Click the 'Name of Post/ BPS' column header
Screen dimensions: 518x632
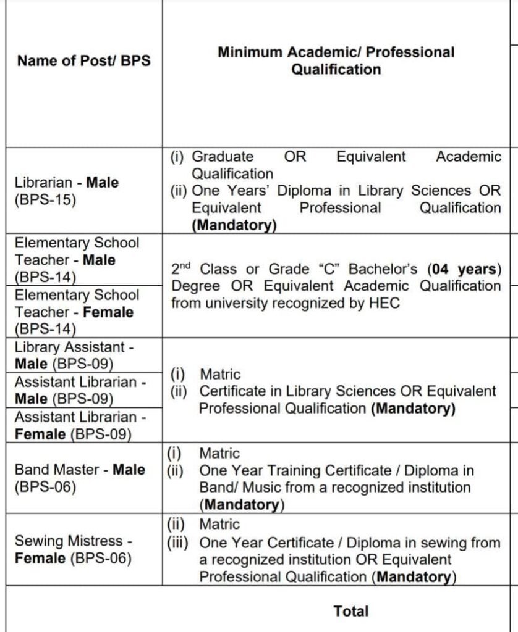[x=83, y=60]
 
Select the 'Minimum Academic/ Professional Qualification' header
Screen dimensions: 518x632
[x=336, y=60]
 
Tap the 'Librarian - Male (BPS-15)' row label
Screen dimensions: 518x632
[x=67, y=191]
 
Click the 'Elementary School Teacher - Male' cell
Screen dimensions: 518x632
[x=77, y=259]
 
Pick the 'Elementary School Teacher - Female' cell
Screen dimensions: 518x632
[x=77, y=312]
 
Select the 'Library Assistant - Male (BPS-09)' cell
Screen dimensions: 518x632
[x=74, y=355]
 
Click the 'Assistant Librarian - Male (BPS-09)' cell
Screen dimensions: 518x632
[x=80, y=389]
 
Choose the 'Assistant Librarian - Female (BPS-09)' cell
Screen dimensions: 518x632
[x=80, y=425]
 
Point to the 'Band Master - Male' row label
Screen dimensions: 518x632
[x=80, y=478]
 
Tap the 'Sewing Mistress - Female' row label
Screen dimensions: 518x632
[x=73, y=549]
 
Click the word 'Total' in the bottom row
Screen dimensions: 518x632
[x=350, y=611]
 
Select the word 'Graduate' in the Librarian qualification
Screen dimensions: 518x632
[x=223, y=157]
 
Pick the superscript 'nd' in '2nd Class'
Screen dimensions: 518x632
[x=186, y=266]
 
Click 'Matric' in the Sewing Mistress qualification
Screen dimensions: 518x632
[x=219, y=525]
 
